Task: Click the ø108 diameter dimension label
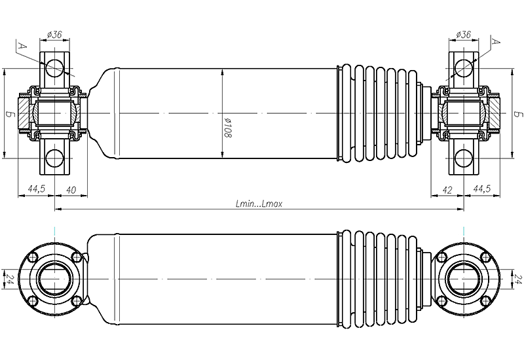[x=228, y=128]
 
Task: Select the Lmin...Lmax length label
[x=259, y=204]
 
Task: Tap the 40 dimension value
[x=71, y=190]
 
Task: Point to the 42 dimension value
[x=447, y=190]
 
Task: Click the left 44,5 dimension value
[x=37, y=189]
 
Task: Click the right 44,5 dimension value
[x=481, y=189]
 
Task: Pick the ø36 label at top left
[x=54, y=34]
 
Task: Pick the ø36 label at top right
[x=463, y=34]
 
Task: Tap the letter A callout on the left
[x=22, y=45]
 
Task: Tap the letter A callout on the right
[x=496, y=41]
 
